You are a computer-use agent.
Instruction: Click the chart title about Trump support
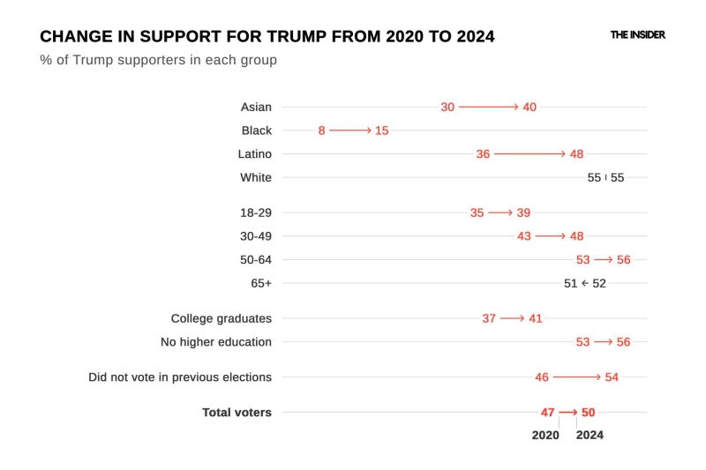(x=267, y=37)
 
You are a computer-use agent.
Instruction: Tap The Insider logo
(x=637, y=35)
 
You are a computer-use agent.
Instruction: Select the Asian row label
(x=256, y=107)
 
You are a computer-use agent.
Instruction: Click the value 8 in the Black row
(x=322, y=131)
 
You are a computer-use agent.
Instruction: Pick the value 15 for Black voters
(x=381, y=131)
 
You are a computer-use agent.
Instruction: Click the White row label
(x=256, y=177)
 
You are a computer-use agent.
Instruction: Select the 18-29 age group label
(x=256, y=213)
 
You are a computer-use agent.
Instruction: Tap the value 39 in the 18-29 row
(x=523, y=213)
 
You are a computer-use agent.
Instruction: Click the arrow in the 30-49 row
(x=550, y=236)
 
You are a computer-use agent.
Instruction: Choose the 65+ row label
(x=261, y=283)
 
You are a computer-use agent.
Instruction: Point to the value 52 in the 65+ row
(x=599, y=283)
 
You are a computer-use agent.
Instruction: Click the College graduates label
(x=221, y=318)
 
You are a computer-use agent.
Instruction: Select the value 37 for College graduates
(x=489, y=318)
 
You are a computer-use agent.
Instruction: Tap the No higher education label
(x=215, y=342)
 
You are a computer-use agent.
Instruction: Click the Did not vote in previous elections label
(x=180, y=377)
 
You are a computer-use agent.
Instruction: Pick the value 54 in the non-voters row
(x=612, y=377)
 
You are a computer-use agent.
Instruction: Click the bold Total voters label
(x=237, y=413)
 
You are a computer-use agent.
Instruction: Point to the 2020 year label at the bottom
(x=545, y=435)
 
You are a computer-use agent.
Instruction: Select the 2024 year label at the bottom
(x=590, y=435)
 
